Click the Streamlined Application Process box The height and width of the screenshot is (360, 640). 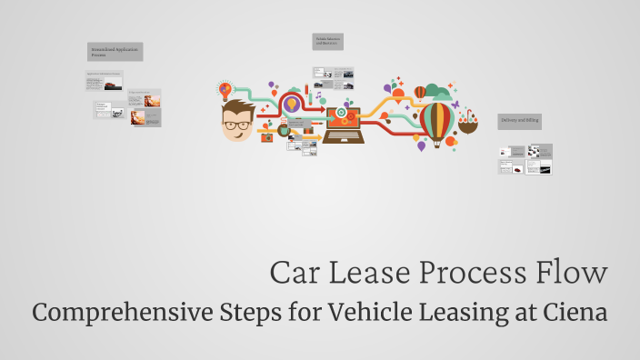(115, 51)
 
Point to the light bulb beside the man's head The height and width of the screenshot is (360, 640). (225, 89)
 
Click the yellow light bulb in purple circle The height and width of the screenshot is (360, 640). (292, 104)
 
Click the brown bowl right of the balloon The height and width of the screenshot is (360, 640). (468, 125)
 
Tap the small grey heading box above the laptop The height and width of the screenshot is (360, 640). (327, 42)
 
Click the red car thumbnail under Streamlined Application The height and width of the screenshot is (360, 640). (110, 86)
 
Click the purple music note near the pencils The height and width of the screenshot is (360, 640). (319, 95)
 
